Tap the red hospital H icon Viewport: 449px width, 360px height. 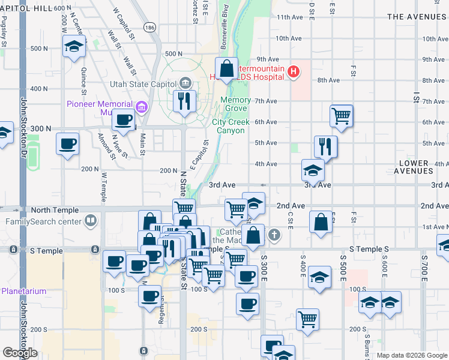294,73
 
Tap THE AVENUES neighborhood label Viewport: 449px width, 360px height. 417,17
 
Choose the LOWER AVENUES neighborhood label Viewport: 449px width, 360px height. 414,167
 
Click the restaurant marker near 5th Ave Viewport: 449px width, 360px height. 325,146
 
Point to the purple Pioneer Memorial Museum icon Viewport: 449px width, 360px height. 142,107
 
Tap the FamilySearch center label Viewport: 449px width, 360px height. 43,221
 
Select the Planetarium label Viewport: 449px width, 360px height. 23,291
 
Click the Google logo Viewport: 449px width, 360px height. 19,353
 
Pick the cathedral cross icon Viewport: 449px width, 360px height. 274,234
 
